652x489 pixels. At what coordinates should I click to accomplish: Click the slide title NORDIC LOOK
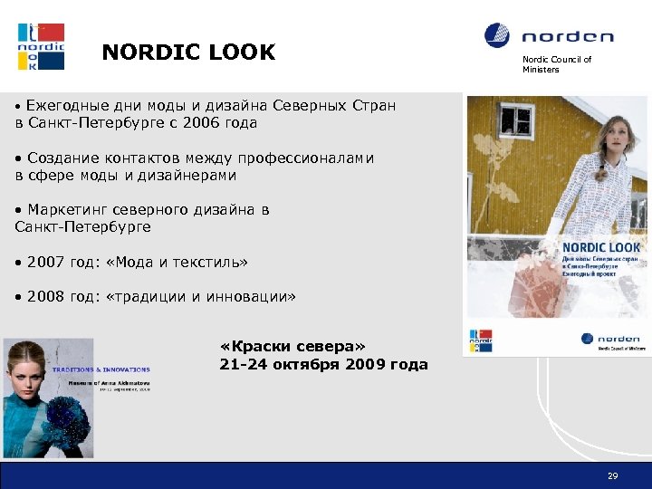coord(188,53)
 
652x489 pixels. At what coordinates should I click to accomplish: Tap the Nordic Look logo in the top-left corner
coord(41,46)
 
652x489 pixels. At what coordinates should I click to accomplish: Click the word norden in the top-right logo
coord(568,37)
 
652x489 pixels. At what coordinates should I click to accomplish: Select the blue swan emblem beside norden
coord(497,36)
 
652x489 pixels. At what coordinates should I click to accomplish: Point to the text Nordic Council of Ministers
coord(556,64)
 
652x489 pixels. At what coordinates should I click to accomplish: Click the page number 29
coord(613,475)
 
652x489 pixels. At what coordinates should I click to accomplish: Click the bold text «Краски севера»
coord(292,347)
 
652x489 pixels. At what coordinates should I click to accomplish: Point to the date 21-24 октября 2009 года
coord(323,364)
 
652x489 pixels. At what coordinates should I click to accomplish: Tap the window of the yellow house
coord(516,120)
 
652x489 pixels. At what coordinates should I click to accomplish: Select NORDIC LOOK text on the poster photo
coord(600,247)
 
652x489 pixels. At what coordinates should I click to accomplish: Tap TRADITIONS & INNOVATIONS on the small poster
coord(101,369)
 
